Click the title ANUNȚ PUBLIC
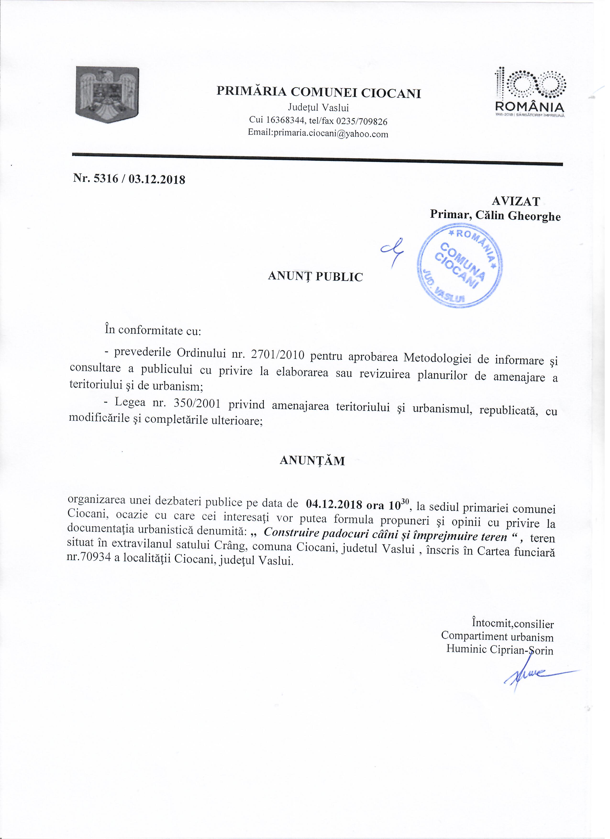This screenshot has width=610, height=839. click(315, 276)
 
